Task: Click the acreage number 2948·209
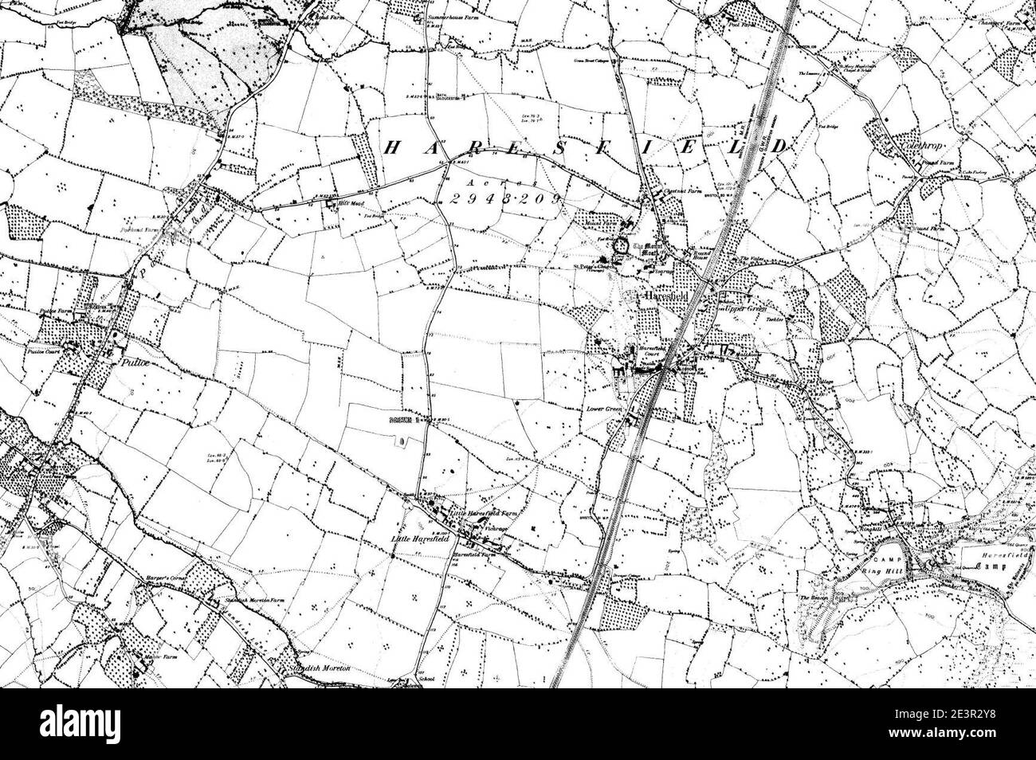pos(500,199)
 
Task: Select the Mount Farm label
pos(599,225)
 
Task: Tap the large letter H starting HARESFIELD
pos(392,147)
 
